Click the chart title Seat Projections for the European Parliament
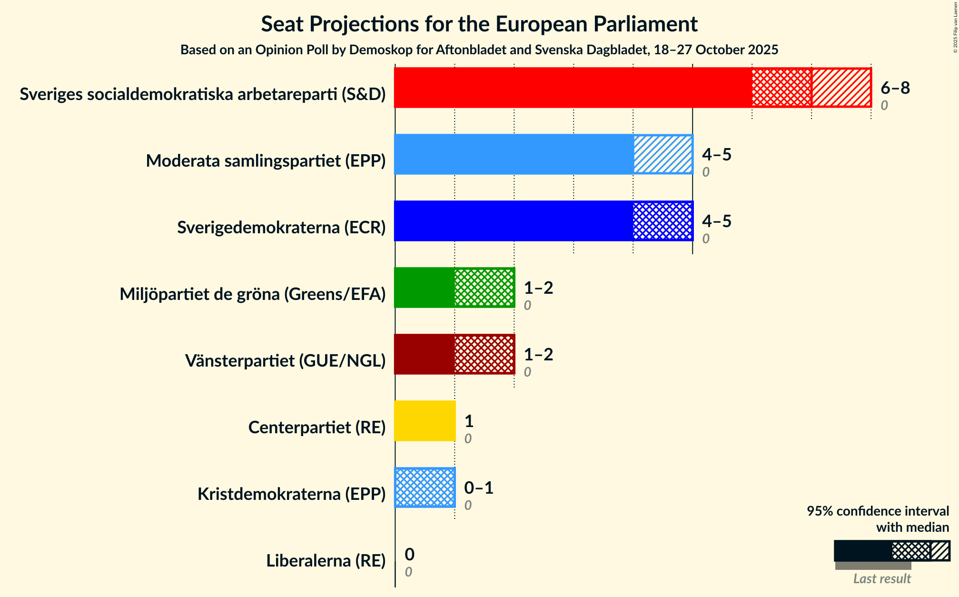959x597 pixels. tap(479, 24)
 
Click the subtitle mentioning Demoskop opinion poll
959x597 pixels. tap(479, 50)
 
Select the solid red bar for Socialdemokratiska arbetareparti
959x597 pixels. tap(573, 88)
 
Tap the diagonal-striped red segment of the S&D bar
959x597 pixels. tap(841, 88)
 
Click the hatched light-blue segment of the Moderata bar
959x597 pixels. tap(662, 154)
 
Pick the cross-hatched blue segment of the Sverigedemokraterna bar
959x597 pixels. tap(662, 221)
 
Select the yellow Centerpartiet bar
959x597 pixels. tap(425, 421)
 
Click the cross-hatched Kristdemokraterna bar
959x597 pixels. tap(425, 488)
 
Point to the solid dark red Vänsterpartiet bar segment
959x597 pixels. tap(424, 354)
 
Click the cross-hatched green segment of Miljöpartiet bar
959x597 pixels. tap(484, 288)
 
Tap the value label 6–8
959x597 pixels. tap(895, 88)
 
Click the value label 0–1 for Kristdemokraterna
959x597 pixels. tap(478, 488)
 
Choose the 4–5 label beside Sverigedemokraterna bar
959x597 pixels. tap(716, 221)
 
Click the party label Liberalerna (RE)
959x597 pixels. tap(326, 561)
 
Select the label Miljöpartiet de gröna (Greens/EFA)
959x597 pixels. tap(252, 294)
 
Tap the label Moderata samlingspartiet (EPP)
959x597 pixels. tap(266, 161)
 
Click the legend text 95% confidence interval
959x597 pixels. tap(877, 511)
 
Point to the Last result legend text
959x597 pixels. tap(881, 578)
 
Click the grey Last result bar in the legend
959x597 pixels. tap(873, 566)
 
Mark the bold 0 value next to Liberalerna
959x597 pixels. tap(409, 555)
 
